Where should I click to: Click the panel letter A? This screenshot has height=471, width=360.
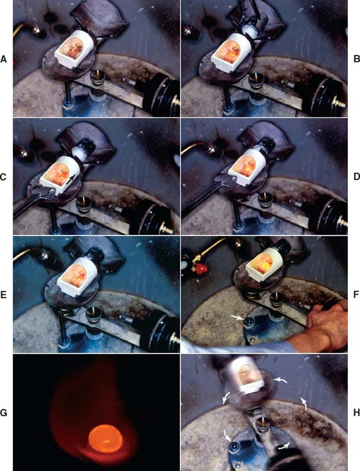[3, 59]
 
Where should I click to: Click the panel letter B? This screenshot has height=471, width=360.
[356, 59]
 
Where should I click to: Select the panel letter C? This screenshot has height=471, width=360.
[3, 177]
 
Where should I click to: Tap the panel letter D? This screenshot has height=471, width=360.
[356, 177]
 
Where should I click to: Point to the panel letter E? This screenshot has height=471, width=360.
[3, 295]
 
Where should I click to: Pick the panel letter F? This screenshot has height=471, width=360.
[356, 295]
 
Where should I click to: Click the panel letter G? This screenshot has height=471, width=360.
[3, 413]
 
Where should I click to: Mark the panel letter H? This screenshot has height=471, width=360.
[356, 413]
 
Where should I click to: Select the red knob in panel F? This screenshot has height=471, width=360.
[200, 267]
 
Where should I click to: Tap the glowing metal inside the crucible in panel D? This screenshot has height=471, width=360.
[248, 170]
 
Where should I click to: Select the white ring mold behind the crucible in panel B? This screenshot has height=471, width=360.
[250, 31]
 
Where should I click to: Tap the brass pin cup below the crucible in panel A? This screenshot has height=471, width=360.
[98, 77]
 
